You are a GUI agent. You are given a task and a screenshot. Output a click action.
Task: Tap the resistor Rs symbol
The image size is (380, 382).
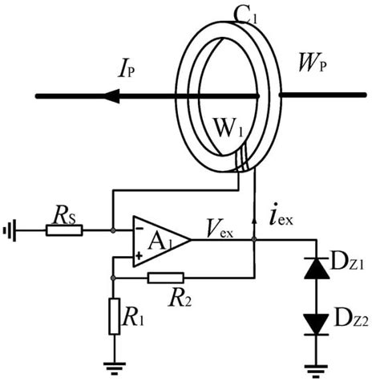click(x=65, y=230)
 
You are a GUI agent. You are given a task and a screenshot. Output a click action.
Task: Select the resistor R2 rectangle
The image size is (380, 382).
click(x=165, y=276)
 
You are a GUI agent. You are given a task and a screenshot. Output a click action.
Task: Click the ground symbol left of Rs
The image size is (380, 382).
click(x=9, y=231)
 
